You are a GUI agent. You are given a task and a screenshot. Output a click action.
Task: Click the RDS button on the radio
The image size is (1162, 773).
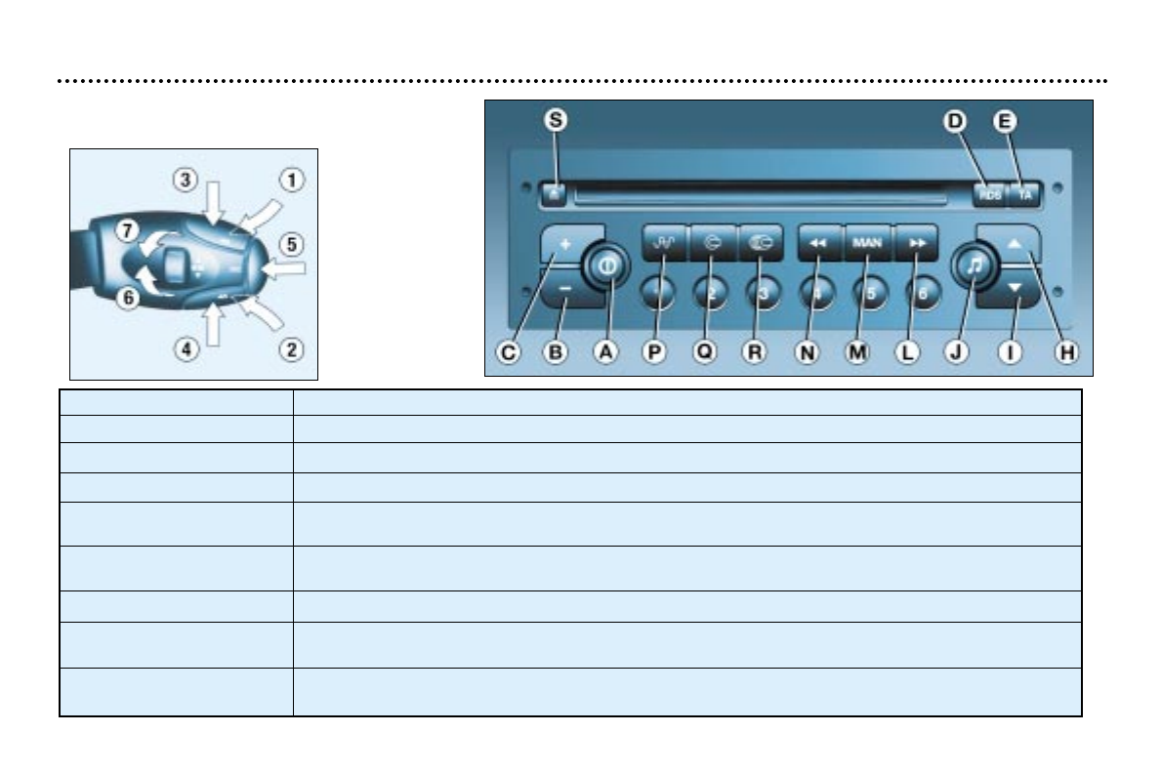click(x=990, y=195)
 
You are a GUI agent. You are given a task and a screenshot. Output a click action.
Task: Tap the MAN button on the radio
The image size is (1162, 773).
click(x=866, y=241)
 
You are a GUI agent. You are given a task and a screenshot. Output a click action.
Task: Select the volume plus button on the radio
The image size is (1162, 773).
click(x=564, y=241)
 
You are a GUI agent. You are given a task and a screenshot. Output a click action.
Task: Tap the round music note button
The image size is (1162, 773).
click(x=974, y=264)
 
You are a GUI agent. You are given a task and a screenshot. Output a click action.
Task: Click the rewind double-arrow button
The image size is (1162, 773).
click(x=818, y=241)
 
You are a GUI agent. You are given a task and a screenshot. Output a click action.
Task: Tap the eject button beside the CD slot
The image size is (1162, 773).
click(x=554, y=193)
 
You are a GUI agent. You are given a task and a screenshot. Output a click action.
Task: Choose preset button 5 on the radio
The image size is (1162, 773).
click(x=869, y=292)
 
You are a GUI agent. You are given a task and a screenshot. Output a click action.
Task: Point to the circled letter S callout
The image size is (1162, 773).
click(x=556, y=121)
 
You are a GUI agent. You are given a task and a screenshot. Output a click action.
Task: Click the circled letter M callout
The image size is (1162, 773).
click(x=857, y=353)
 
